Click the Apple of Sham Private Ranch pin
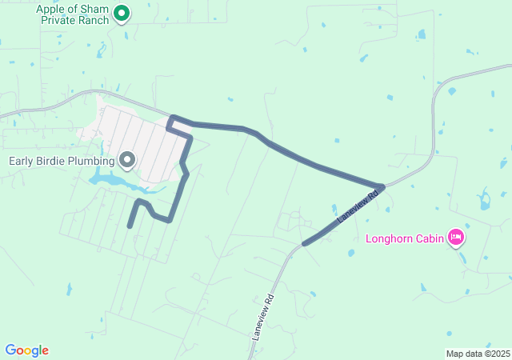click(122, 13)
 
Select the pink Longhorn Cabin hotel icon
click(456, 236)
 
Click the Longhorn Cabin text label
click(405, 238)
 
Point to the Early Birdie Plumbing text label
click(62, 161)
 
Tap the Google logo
click(26, 350)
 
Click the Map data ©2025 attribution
click(478, 354)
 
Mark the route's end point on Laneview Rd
click(304, 243)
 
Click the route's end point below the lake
click(130, 226)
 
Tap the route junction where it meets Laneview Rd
click(382, 187)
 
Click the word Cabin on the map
click(426, 238)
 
